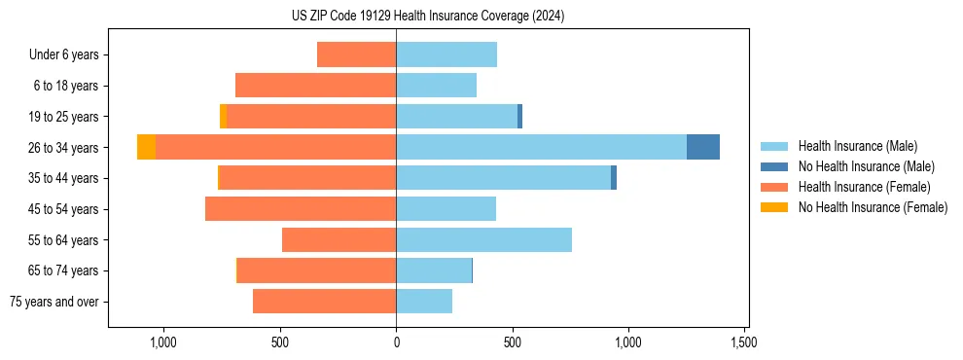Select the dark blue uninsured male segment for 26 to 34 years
(703, 147)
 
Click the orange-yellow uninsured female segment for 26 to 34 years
(146, 147)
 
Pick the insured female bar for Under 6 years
(356, 54)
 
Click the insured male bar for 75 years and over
(424, 302)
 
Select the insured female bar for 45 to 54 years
(301, 209)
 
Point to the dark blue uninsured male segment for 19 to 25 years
(519, 116)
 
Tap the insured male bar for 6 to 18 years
(436, 86)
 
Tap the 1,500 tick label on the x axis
(744, 342)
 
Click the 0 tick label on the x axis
(396, 342)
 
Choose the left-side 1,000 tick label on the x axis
(162, 342)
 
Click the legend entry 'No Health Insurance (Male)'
(866, 166)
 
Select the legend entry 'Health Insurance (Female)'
(864, 187)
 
